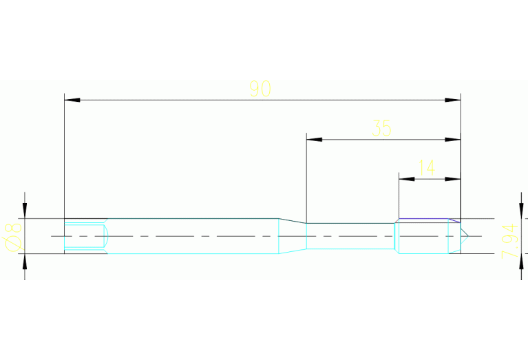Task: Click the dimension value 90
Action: click(260, 89)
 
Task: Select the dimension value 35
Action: click(382, 128)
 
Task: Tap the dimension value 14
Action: click(427, 168)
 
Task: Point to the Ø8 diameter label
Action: click(13, 237)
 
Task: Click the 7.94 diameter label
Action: click(509, 241)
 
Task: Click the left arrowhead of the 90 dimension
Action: click(72, 100)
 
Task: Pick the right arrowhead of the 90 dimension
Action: click(452, 100)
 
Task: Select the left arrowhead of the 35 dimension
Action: click(314, 140)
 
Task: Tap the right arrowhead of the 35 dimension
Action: click(452, 140)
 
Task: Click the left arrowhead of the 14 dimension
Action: click(407, 179)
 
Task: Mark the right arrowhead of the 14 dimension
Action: click(452, 179)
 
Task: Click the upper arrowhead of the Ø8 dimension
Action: click(25, 211)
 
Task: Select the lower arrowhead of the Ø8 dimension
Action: click(25, 262)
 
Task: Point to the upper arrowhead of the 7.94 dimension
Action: click(521, 211)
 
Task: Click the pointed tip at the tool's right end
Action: click(468, 236)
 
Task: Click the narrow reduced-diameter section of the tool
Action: click(350, 236)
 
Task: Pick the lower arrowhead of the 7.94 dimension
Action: click(521, 262)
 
